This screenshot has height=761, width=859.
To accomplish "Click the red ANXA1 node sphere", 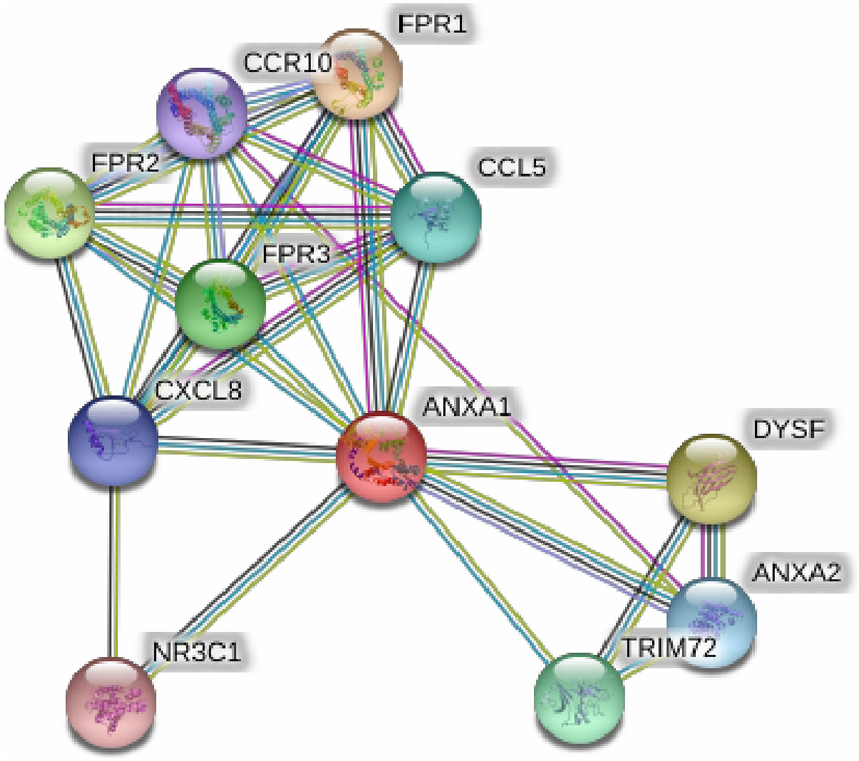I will pos(381,457).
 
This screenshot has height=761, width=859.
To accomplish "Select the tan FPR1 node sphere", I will pos(357,74).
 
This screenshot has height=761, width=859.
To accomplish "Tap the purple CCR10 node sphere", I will pos(201,112).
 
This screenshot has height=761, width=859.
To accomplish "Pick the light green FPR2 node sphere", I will pos(49,212).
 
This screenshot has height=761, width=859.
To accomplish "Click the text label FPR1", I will pos(432,24).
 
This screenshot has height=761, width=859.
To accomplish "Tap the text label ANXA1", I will pos(467,407).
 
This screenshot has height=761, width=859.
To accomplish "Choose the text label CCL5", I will pos(511,167).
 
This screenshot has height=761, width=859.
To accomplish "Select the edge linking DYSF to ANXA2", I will pos(711,550).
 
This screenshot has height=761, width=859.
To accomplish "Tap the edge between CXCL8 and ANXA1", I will pos(246,448).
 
